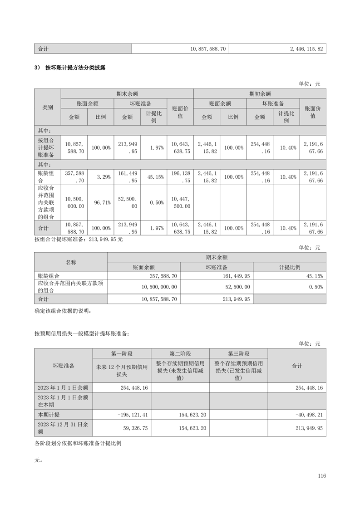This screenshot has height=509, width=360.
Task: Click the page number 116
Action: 322,476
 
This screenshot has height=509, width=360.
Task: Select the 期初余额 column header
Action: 260,94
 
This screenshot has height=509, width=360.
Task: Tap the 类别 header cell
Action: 48,107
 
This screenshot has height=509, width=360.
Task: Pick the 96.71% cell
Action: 100,202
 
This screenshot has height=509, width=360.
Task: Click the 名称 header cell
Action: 71,262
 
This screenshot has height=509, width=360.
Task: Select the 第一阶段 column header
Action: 122,353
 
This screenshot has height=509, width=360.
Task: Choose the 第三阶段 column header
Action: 238,353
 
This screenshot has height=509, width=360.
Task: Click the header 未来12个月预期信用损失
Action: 122,371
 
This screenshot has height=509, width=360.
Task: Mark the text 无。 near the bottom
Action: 39,460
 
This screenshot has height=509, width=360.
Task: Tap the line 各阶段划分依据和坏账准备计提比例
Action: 78,443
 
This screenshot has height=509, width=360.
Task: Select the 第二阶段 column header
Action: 180,353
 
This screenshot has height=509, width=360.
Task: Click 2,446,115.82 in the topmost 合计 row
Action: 306,49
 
